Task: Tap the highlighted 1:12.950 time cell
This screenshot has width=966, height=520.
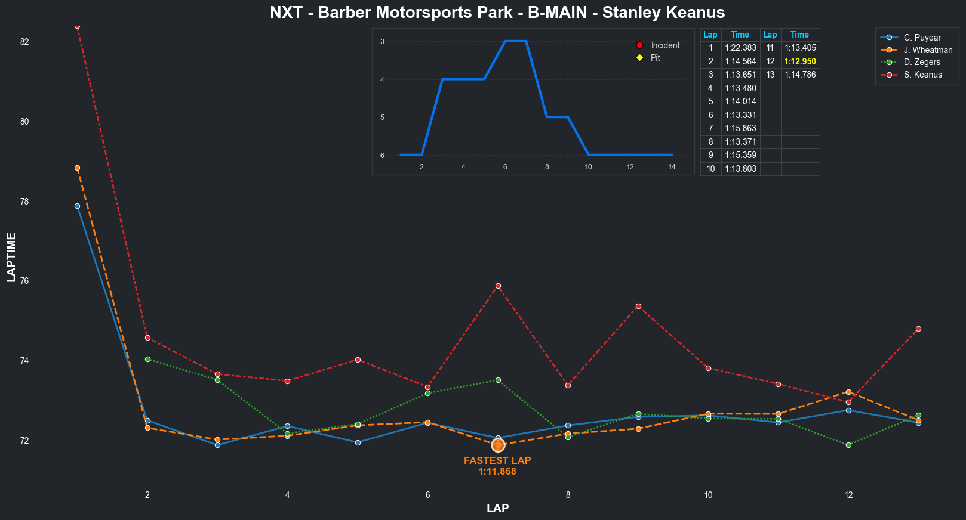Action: click(x=799, y=61)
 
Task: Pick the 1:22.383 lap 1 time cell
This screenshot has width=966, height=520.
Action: click(x=740, y=48)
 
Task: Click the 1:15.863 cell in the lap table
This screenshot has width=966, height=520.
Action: click(x=740, y=128)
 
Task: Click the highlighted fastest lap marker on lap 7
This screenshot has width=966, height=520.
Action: click(x=498, y=445)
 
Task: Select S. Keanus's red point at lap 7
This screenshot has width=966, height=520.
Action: click(x=498, y=286)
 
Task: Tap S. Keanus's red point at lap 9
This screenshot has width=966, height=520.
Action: click(x=638, y=306)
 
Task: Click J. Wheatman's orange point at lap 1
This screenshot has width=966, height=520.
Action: click(x=77, y=168)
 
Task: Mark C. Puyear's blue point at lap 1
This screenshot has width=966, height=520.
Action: click(x=77, y=206)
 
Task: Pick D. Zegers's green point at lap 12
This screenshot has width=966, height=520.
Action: click(x=848, y=445)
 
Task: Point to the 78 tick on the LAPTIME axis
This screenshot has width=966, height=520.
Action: click(x=24, y=202)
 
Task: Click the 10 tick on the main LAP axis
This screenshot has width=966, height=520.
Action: click(x=708, y=495)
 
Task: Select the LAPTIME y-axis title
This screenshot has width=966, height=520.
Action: click(x=11, y=257)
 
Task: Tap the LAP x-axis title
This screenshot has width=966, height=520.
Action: click(x=497, y=509)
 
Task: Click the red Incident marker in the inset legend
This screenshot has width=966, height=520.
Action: click(x=639, y=45)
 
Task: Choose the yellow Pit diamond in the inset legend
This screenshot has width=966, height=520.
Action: click(x=639, y=58)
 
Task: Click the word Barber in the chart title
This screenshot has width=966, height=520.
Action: click(x=343, y=13)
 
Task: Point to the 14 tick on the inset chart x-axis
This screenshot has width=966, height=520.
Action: click(x=672, y=167)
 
